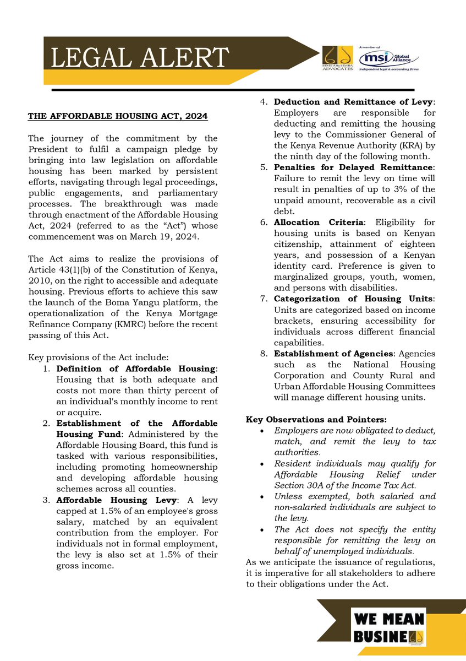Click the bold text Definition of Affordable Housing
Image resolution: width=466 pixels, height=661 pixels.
click(136, 368)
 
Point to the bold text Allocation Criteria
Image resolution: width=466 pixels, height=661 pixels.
click(316, 223)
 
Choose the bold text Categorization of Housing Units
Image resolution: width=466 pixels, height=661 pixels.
click(353, 299)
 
